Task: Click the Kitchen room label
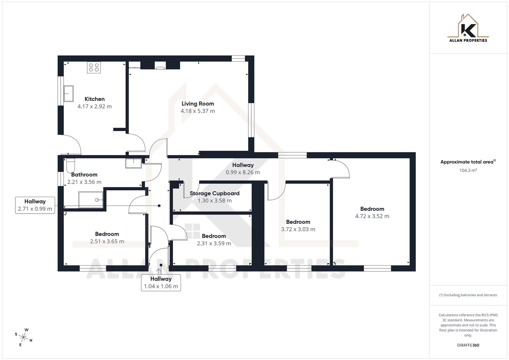tap(94, 99)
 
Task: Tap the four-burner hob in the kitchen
tap(94, 68)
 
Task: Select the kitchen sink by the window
tap(68, 94)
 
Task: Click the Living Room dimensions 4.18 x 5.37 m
tap(198, 111)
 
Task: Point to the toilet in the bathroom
tap(71, 165)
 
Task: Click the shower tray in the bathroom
tap(91, 200)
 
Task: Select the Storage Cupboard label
tap(214, 193)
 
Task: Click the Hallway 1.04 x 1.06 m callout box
tap(161, 283)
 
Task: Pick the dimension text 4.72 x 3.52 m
tap(372, 216)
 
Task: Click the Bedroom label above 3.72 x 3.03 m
tap(298, 222)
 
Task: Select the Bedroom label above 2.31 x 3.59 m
tap(214, 236)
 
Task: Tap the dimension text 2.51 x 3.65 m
tap(107, 241)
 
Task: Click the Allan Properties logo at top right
tap(468, 28)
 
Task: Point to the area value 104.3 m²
tap(468, 170)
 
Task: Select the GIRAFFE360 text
tap(468, 345)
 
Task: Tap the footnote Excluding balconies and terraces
tap(468, 295)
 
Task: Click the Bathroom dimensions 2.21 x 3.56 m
tap(84, 182)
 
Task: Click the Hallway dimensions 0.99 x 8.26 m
tap(243, 172)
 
